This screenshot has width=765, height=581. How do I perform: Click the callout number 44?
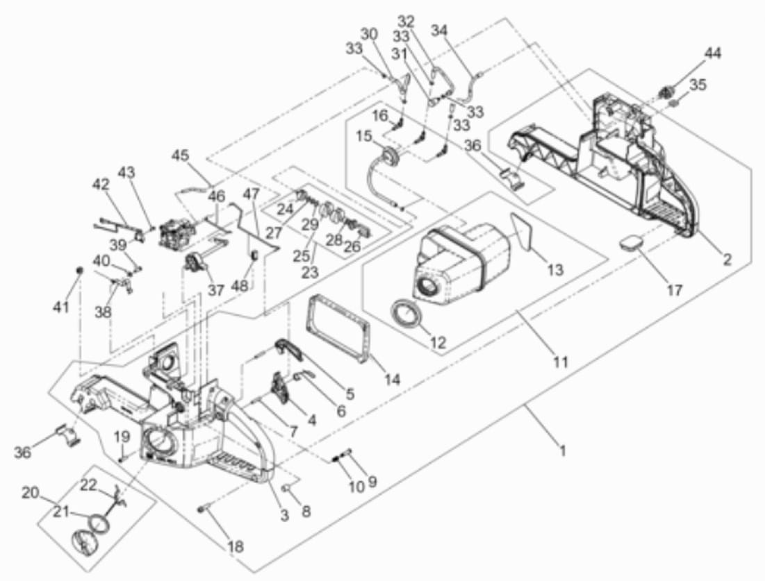[712, 52]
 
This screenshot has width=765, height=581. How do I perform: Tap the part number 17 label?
[675, 290]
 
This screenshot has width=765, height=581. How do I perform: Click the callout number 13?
[556, 269]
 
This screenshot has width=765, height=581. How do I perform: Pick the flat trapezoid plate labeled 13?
[523, 232]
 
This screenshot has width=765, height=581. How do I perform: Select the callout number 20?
[31, 493]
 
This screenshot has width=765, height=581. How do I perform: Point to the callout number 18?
[236, 546]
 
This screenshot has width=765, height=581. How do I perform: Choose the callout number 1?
[563, 451]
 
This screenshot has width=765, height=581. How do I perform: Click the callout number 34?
[439, 31]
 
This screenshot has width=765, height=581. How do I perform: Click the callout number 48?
[240, 287]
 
